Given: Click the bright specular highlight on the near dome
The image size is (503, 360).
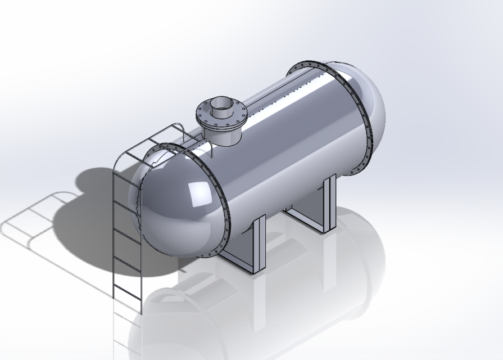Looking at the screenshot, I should point(197,194).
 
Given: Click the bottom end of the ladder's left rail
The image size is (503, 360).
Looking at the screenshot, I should point(114,297).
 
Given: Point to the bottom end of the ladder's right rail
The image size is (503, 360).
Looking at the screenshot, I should point(142,313).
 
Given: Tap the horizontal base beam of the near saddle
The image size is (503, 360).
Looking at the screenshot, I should point(236,262).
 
